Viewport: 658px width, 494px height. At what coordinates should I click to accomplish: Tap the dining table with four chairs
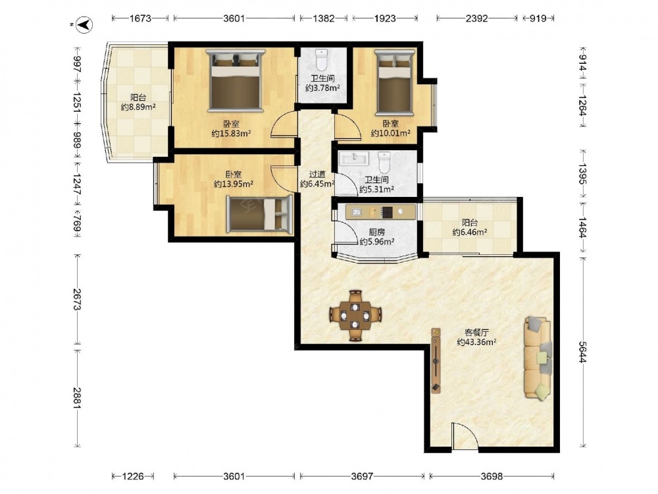tap(355, 315)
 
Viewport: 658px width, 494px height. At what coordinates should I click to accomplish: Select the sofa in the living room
tap(538, 358)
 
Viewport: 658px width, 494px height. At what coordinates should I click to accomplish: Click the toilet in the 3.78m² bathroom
tap(322, 60)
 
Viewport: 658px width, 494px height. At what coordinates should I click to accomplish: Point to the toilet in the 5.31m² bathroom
tap(384, 162)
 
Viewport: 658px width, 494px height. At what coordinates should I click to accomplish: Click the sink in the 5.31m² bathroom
tap(355, 159)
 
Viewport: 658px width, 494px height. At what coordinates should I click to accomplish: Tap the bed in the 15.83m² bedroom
tap(235, 80)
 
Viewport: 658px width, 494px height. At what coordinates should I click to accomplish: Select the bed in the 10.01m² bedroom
tap(394, 82)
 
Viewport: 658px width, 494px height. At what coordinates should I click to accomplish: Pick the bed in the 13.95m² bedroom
tap(259, 214)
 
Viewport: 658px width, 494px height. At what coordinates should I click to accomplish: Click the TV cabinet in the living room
tap(436, 360)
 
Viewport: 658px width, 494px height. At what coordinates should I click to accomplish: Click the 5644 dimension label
tap(582, 352)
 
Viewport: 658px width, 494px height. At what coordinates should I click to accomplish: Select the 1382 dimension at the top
tap(324, 18)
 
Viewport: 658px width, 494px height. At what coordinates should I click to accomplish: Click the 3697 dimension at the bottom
tap(362, 476)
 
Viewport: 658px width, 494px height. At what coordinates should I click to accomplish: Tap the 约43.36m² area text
tap(476, 342)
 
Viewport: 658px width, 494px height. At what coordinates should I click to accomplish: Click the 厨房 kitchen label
tap(377, 232)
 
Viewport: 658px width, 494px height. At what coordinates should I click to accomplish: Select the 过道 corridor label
tap(317, 174)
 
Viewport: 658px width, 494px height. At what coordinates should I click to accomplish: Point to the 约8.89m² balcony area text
tap(138, 107)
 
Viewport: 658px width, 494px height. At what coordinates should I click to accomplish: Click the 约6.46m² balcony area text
tap(470, 232)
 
